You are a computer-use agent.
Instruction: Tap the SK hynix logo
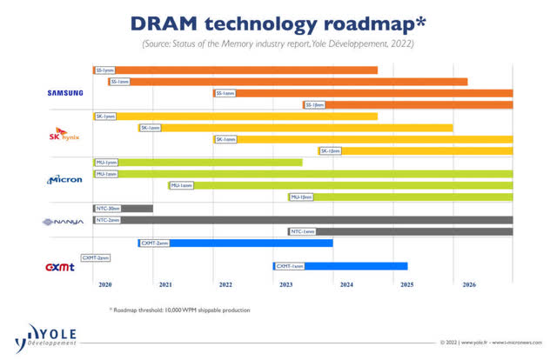pyautogui.click(x=65, y=136)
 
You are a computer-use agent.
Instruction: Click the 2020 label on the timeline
pyautogui.click(x=105, y=284)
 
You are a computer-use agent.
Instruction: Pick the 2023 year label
pyautogui.click(x=285, y=284)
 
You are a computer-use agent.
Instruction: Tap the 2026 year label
pyautogui.click(x=468, y=284)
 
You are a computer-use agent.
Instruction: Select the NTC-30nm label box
pyautogui.click(x=107, y=209)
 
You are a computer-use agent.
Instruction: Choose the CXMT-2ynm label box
pyautogui.click(x=95, y=258)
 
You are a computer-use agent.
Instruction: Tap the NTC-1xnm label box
pyautogui.click(x=302, y=231)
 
